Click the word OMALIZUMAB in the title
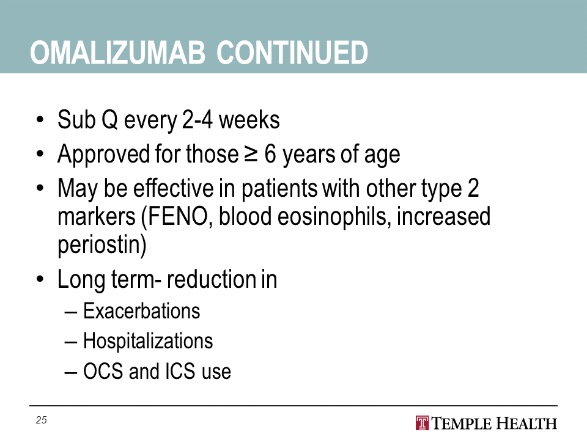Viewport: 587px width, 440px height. [117, 53]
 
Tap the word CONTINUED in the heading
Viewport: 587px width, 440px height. [292, 53]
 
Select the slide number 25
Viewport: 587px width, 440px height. [41, 420]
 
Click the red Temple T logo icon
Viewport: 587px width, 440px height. [422, 423]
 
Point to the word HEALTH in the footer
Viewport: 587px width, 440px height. [526, 424]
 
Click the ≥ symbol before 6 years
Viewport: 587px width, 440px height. [251, 154]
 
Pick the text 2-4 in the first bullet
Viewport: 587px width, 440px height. [198, 120]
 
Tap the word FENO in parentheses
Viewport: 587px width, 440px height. [178, 216]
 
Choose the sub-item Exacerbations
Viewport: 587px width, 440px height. [141, 311]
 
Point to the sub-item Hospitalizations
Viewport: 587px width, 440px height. [148, 341]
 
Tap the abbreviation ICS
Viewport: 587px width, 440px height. [180, 372]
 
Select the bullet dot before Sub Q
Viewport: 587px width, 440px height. [40, 120]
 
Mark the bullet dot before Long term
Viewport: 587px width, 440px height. [40, 279]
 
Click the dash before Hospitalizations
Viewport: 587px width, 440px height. [71, 342]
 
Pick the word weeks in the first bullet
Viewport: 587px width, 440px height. [249, 120]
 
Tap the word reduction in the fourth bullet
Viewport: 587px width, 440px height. [209, 279]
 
